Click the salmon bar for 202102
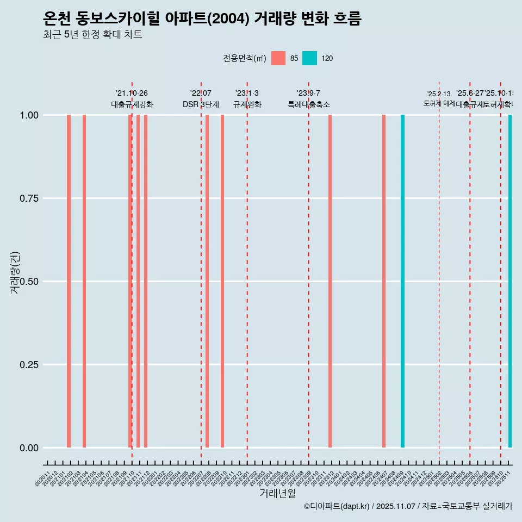coord(69,281)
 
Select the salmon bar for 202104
coord(84,281)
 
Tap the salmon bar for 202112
coord(146,281)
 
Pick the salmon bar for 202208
coord(207,281)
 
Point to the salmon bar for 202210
coord(222,281)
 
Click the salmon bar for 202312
coord(330,281)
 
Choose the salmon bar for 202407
coord(384,281)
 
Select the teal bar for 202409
coord(402,281)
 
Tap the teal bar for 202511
coord(510,281)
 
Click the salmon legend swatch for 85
coord(278,58)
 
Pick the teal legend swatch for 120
coord(309,58)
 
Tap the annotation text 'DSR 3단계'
coord(201,104)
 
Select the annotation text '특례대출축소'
coord(309,104)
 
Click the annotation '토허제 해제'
coord(439,103)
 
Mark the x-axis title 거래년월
coord(278,493)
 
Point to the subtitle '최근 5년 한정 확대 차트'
coord(92,35)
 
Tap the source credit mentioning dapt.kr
coord(408,506)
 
